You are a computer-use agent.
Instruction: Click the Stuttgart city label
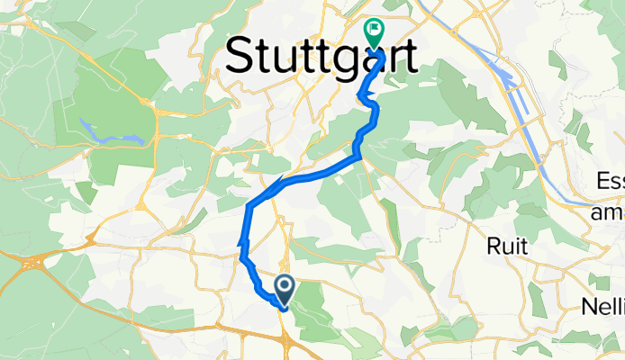[x=322, y=57]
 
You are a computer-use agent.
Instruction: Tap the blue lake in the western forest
[x=112, y=133]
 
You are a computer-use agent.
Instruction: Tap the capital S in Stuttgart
[x=240, y=57]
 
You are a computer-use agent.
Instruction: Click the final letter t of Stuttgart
[x=409, y=57]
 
